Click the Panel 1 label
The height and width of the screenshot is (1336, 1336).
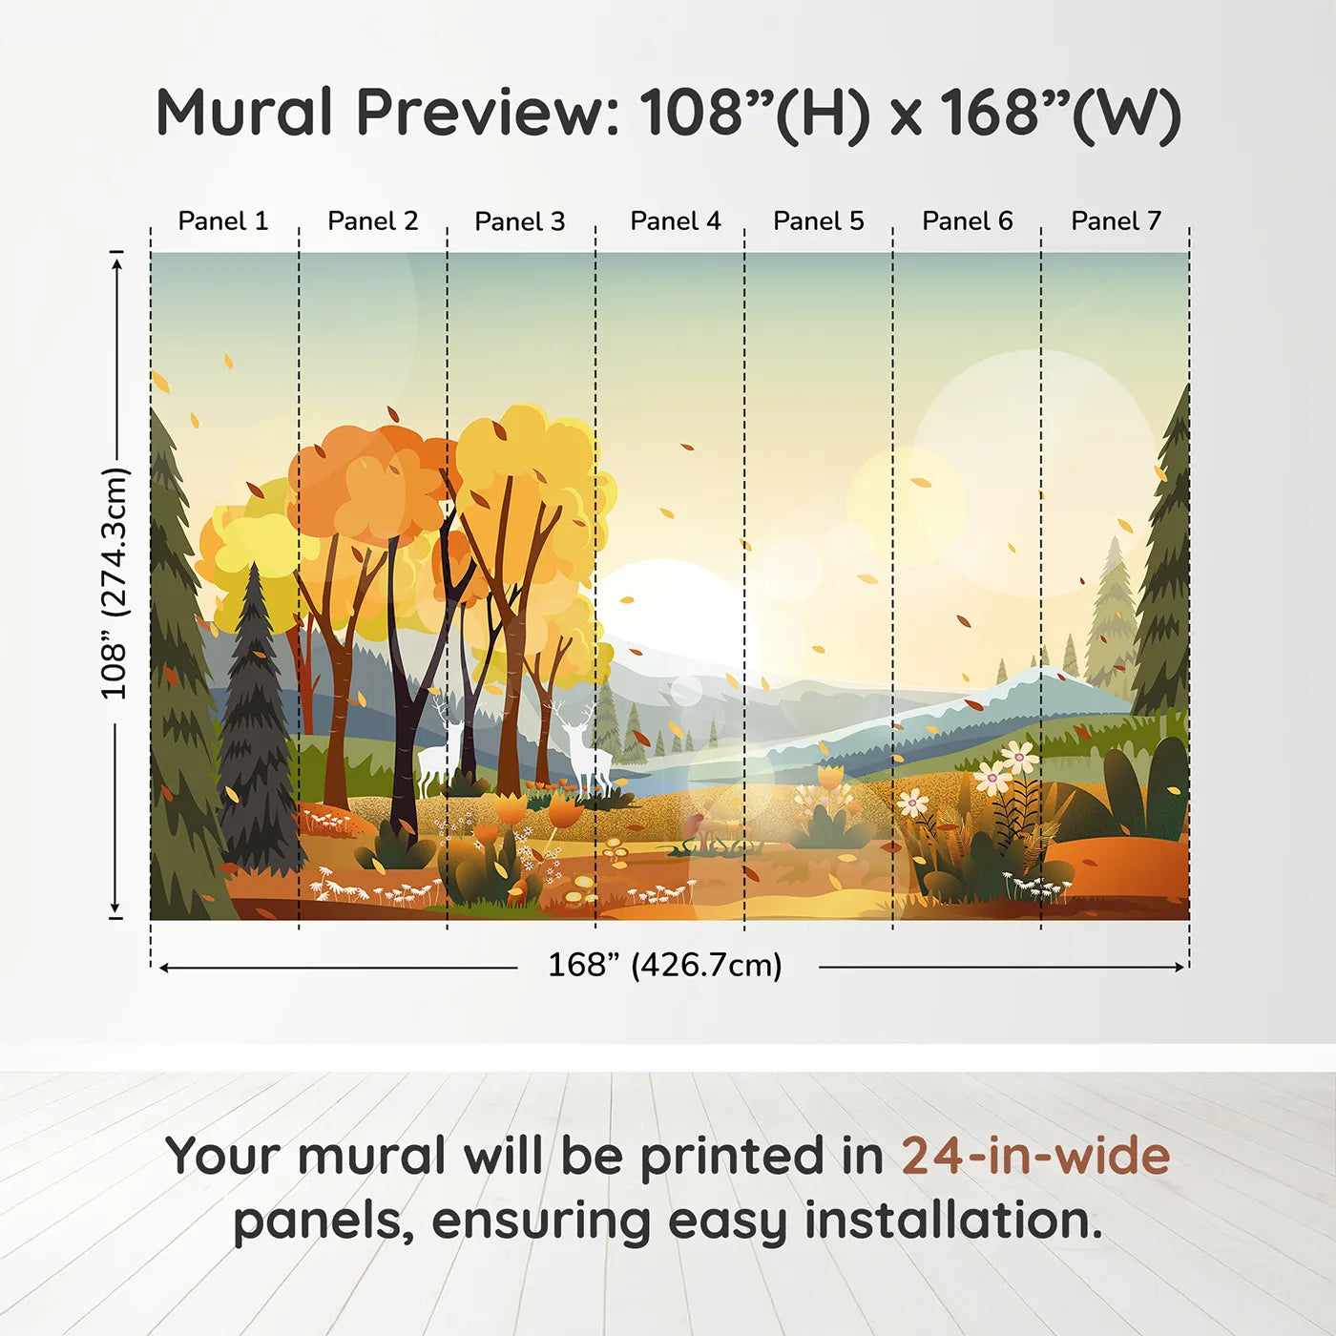pos(223,221)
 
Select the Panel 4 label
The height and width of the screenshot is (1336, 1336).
pos(675,221)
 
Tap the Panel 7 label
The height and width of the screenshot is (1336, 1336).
pos(1116,221)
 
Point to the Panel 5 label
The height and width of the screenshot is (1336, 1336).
pos(818,221)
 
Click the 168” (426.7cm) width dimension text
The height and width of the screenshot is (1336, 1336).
pos(664,966)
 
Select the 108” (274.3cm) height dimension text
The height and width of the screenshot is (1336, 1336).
pos(114,583)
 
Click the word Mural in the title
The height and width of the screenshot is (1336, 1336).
pos(244,113)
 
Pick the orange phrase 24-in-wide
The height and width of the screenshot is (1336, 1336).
pos(1035,1157)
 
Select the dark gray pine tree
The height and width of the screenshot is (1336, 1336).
pos(255,725)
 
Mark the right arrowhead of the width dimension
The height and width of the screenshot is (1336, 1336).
pos(1180,968)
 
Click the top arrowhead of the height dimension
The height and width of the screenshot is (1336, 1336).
pos(116,261)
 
